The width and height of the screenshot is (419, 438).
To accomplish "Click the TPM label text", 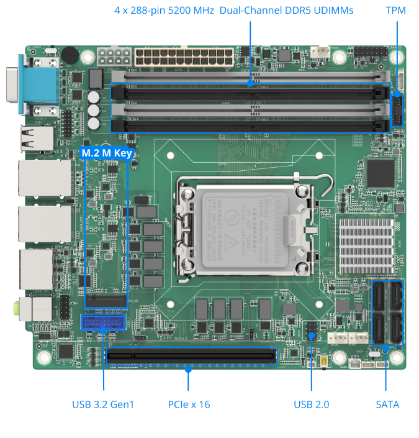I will pos(395,11).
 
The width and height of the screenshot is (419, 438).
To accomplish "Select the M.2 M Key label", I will pos(107,153).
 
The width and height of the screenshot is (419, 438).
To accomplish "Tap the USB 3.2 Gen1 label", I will pos(103,404).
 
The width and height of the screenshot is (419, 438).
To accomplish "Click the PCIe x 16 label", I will pos(189,404).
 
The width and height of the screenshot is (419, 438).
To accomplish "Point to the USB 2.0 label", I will pos(311,404).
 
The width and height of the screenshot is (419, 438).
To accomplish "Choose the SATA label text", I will pos(387,404).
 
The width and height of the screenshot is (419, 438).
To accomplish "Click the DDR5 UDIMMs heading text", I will pos(233,11).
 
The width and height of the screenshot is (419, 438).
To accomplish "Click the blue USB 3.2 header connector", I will pos(103,322).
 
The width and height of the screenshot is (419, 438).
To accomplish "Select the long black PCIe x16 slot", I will pos(191,357).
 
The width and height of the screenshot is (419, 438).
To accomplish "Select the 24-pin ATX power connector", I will pos(178,57).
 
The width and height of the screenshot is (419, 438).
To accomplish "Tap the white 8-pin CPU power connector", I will pos(113,58).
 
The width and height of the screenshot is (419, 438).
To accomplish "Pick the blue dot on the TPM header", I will pos(396,95).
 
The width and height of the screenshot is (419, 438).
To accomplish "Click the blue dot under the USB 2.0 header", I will pos(311,335).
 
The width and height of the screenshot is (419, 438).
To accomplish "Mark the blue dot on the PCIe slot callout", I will pos(189,369).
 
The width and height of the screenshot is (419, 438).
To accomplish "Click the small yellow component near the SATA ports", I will pos(324,363).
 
